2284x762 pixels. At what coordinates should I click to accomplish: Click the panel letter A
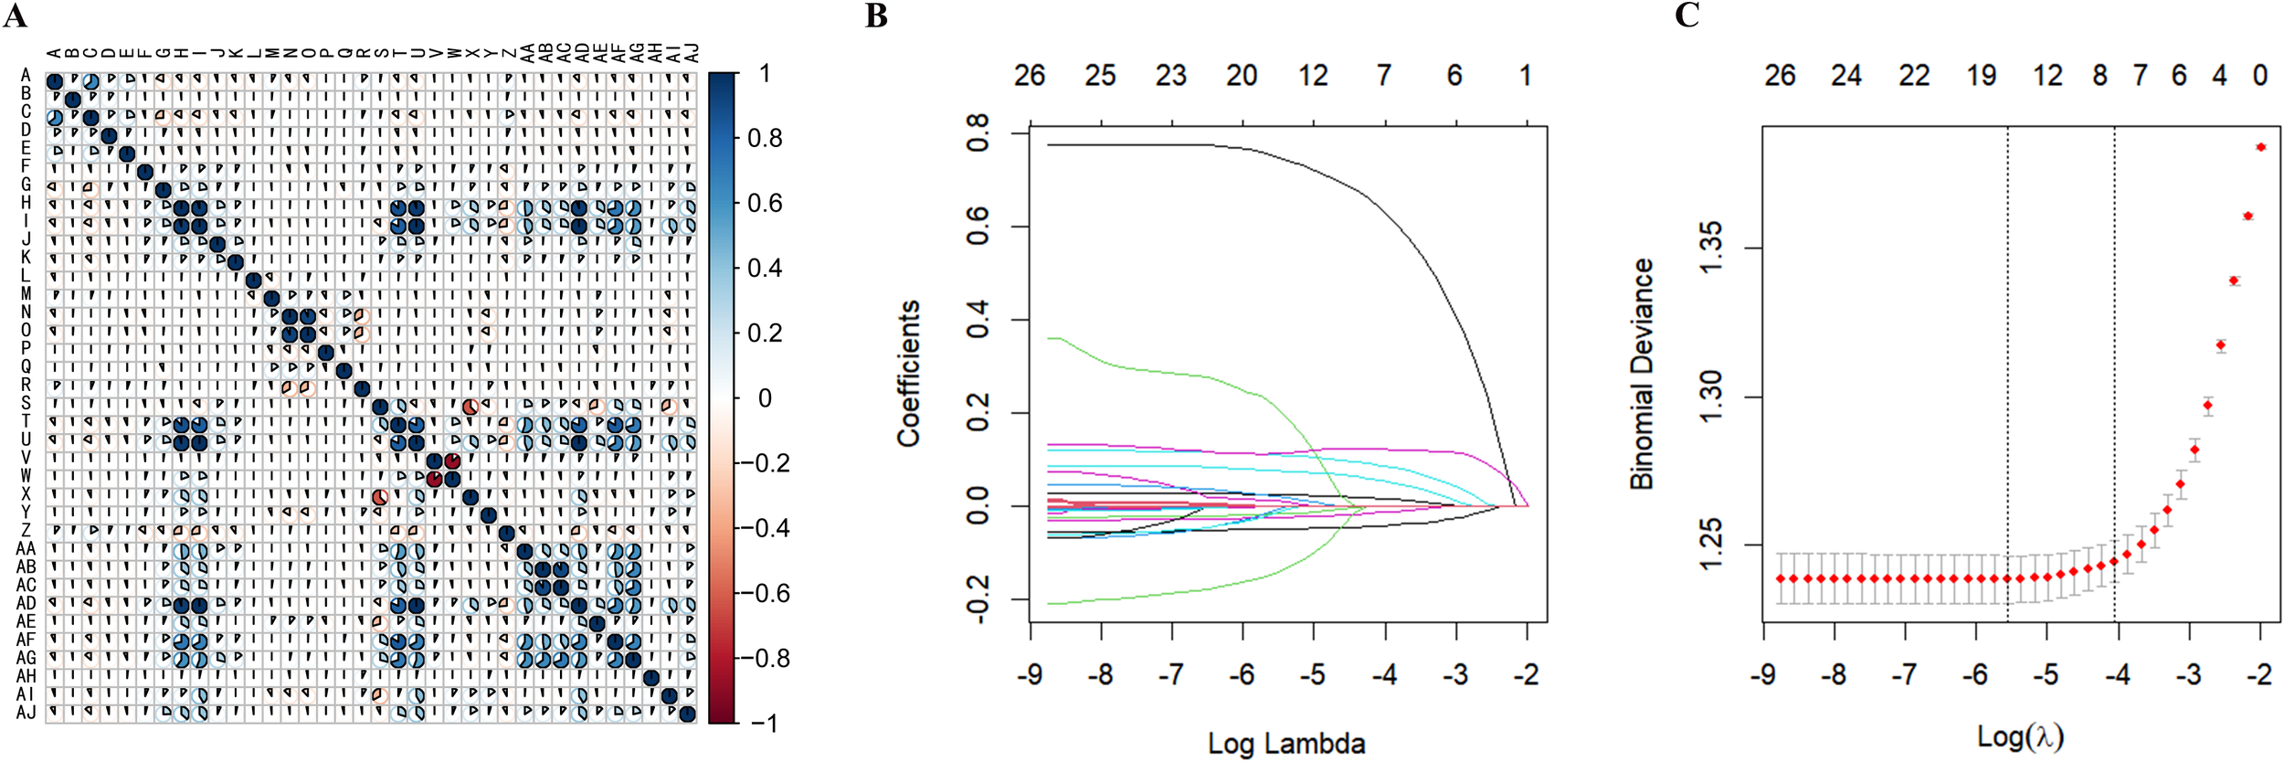point(15,16)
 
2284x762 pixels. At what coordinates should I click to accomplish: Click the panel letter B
point(876,16)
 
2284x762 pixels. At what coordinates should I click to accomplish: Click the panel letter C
point(1687,16)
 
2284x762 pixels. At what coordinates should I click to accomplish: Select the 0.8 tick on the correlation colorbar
point(764,139)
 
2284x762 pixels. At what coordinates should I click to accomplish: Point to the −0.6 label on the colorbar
point(765,594)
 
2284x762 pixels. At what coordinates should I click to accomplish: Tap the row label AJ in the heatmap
point(26,713)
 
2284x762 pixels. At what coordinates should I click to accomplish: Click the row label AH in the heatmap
point(26,676)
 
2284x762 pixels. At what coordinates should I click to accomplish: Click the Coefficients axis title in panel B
point(908,374)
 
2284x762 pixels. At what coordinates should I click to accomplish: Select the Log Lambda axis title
point(1286,744)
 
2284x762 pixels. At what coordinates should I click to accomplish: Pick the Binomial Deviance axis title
point(1642,374)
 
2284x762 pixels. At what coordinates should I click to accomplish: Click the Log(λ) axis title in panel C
point(2021,736)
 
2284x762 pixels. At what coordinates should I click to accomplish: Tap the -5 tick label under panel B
point(1312,675)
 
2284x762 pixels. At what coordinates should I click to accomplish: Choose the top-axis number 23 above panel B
point(1171,76)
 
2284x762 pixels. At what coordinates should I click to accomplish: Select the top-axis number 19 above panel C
point(1981,76)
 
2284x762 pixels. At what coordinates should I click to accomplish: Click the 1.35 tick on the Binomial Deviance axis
point(1710,248)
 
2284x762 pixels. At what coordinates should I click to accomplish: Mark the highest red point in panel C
point(2260,147)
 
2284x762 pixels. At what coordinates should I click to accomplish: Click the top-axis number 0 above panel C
point(2260,76)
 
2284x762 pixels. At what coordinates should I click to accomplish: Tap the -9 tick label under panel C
point(1762,675)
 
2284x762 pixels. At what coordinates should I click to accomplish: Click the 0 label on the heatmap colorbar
point(766,398)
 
